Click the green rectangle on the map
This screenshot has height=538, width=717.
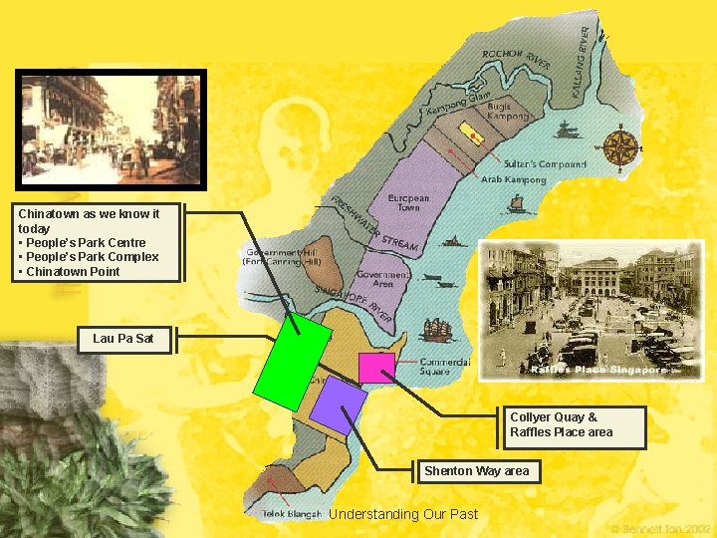(x=292, y=362)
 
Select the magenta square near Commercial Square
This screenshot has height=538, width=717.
(x=376, y=368)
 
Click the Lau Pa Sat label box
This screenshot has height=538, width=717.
(x=123, y=339)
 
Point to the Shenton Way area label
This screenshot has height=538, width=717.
(x=476, y=471)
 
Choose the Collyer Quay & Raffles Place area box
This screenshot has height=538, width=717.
(x=575, y=425)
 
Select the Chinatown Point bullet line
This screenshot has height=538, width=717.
(x=73, y=272)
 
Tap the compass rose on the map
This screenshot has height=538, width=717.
(x=622, y=148)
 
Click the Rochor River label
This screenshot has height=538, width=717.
(x=517, y=59)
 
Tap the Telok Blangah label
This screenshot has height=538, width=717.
(x=292, y=514)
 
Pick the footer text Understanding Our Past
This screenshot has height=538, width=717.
(x=403, y=514)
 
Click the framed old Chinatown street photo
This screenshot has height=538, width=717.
(x=113, y=130)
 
